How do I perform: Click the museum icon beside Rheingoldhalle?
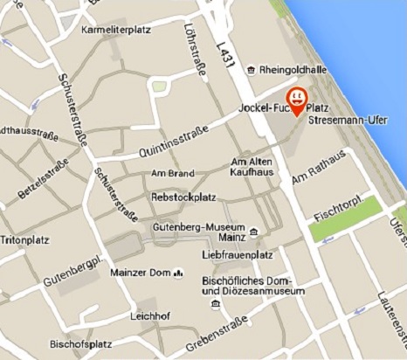point(252,69)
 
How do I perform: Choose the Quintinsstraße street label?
point(174,140)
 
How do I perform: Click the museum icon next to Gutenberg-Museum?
point(252,232)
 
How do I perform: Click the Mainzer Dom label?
point(141,273)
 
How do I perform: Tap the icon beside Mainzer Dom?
point(178,273)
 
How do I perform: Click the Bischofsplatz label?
point(79,342)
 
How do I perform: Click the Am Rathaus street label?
point(320,169)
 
